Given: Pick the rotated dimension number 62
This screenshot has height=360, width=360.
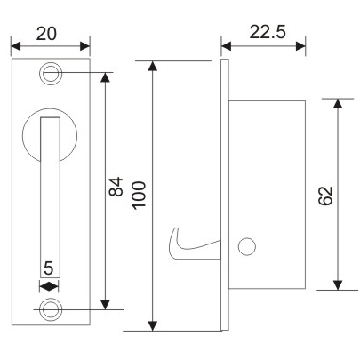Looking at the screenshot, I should (x=325, y=195).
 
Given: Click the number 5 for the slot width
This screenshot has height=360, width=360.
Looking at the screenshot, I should (x=49, y=268).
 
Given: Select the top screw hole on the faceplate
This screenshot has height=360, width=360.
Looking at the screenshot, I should (x=51, y=72).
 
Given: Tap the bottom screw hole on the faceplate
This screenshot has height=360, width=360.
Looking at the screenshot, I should (x=51, y=308).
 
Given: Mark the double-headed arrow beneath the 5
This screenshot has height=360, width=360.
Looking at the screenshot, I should (x=49, y=285).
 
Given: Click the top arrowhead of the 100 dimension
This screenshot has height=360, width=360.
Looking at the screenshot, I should (x=155, y=67).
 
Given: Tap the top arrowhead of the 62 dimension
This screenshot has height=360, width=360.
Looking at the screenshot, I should (x=338, y=105).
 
